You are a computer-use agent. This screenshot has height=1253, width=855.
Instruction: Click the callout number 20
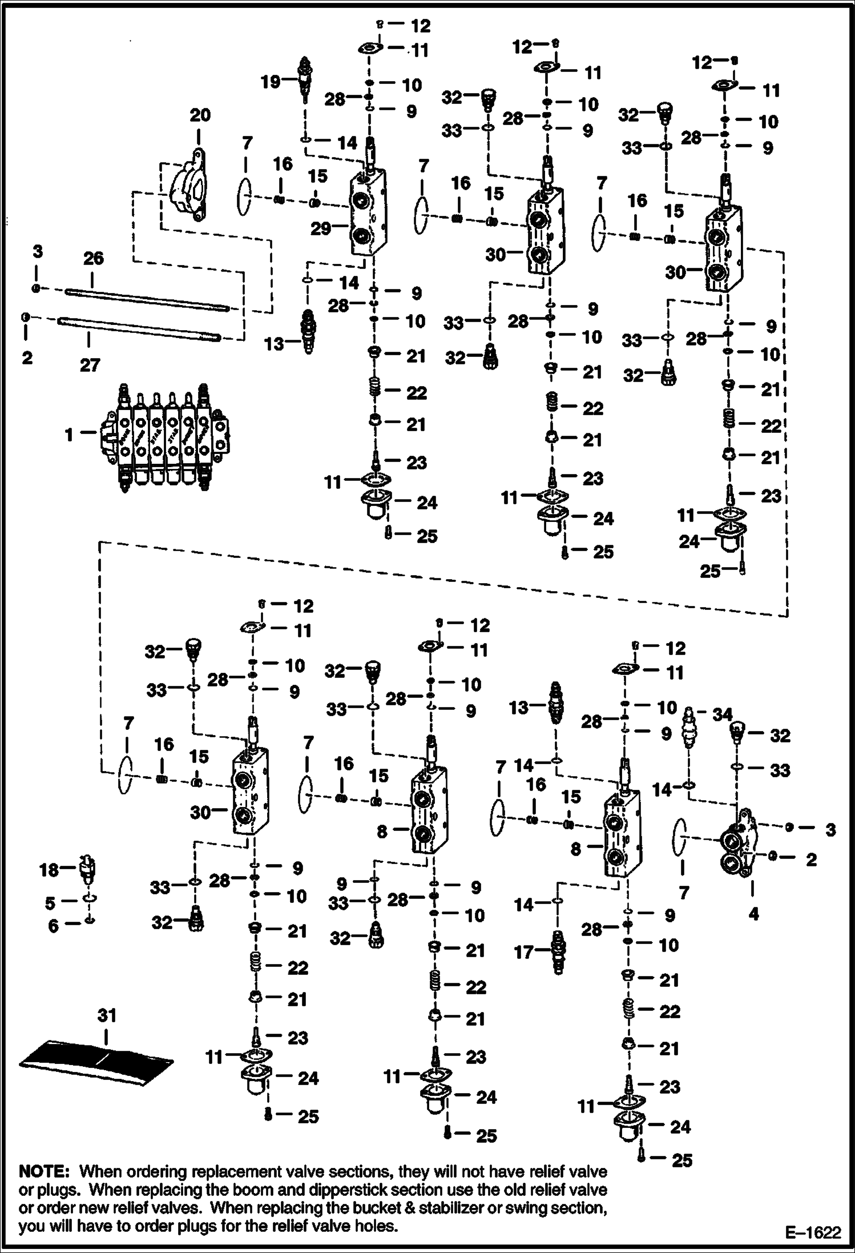click(x=200, y=115)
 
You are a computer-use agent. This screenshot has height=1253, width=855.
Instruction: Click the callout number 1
click(x=69, y=435)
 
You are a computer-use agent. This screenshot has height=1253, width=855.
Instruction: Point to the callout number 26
click(x=94, y=258)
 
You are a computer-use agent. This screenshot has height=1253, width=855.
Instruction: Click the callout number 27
click(x=90, y=364)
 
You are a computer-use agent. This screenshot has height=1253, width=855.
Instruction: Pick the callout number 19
click(x=271, y=82)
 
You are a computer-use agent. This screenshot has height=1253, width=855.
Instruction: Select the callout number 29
click(x=321, y=228)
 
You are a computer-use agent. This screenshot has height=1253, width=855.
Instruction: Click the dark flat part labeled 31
click(x=97, y=1060)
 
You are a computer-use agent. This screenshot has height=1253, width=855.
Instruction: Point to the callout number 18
click(x=50, y=870)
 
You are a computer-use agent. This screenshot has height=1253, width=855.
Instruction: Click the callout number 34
click(x=722, y=714)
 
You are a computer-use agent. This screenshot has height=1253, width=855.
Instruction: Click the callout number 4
click(x=753, y=914)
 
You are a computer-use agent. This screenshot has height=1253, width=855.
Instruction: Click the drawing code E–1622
click(x=813, y=1232)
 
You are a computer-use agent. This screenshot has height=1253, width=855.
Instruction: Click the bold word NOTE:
click(x=44, y=1172)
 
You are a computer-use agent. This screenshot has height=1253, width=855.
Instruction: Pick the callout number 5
click(x=50, y=903)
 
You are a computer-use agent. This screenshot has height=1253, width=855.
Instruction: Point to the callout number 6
click(x=53, y=925)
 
